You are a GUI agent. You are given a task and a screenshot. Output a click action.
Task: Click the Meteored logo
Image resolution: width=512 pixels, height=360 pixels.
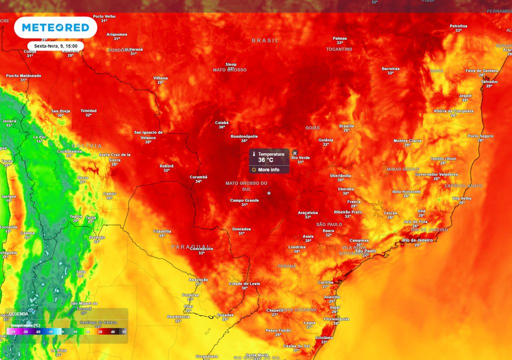click(55, 27)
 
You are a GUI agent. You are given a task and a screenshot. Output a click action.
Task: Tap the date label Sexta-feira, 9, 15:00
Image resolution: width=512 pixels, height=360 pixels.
click(55, 46)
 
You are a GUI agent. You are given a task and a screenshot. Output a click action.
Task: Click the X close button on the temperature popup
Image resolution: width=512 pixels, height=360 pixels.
click(294, 153)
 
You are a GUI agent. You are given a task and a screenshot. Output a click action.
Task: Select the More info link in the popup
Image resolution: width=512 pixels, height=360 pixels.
click(268, 170)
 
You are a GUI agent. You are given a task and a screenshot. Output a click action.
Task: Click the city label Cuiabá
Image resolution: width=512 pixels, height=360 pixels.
click(221, 122)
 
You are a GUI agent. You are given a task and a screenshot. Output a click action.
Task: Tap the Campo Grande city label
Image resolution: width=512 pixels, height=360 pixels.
click(244, 200)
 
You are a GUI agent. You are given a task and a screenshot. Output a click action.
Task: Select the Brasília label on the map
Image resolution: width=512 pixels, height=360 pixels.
click(346, 126)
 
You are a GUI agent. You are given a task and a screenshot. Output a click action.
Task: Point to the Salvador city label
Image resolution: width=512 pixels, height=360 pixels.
click(489, 81)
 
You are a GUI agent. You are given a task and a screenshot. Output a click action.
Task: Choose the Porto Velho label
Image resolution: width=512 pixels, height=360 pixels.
click(104, 16)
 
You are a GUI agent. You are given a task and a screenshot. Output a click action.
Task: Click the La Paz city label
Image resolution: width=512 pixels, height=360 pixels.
click(39, 137)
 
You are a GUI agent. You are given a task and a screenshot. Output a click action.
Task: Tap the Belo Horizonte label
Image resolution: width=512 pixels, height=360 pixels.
click(406, 191)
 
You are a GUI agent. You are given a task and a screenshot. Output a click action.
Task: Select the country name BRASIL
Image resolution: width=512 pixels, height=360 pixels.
click(265, 40)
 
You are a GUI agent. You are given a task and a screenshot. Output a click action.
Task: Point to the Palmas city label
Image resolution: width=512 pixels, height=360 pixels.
click(340, 38)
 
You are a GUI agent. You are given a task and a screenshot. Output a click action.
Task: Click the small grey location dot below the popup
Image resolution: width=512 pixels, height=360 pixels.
click(269, 193)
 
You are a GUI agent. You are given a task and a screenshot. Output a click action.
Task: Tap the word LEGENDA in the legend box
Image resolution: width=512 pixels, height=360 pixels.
click(18, 314)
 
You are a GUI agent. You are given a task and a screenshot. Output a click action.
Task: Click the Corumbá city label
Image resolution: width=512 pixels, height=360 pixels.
click(198, 177)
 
